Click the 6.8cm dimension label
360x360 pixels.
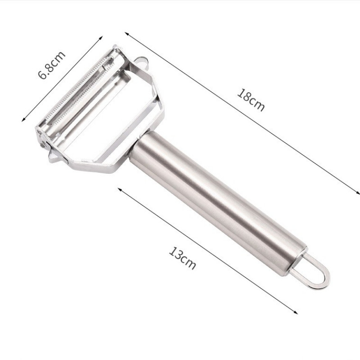52,65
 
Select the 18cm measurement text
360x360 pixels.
251,100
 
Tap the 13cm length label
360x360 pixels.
183,258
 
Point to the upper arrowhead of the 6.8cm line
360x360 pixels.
100,38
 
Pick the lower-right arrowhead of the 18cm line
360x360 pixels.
357,193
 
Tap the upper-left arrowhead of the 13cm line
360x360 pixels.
120,189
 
